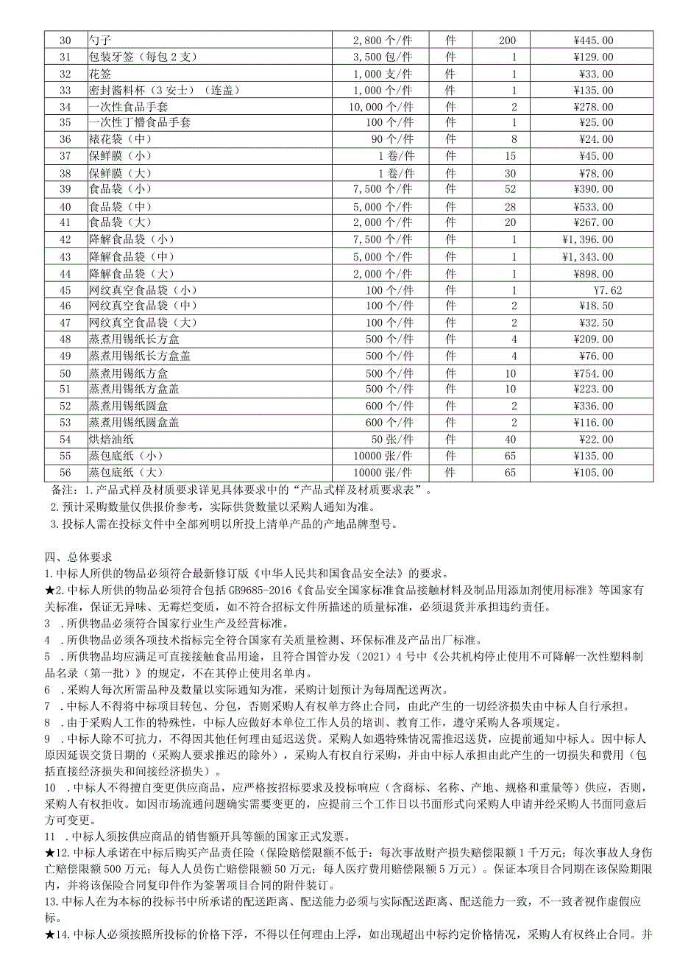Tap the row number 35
(x=65, y=123)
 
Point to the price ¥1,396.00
(x=587, y=239)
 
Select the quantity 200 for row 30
(x=507, y=40)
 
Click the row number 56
(x=65, y=472)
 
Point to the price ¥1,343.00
(x=587, y=256)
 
